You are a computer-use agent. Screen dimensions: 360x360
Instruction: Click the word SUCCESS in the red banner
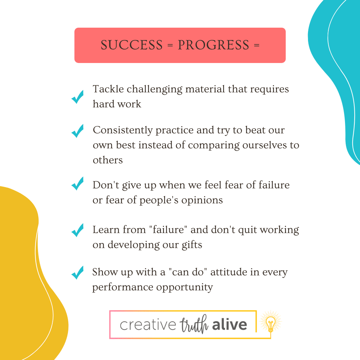pos(132,45)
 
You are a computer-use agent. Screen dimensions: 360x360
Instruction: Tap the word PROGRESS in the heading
pos(214,45)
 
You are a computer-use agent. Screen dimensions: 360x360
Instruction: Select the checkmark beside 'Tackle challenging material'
pos(77,97)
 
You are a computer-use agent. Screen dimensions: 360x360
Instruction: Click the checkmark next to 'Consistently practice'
pos(77,131)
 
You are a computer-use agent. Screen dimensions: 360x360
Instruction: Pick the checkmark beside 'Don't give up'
pos(77,183)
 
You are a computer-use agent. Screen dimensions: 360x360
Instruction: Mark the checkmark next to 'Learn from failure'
pos(77,230)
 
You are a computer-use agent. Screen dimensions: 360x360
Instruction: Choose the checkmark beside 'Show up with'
pos(77,273)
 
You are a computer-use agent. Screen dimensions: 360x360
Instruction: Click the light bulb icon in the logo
pos(271,323)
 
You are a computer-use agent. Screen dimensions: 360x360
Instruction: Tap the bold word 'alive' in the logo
pos(229,324)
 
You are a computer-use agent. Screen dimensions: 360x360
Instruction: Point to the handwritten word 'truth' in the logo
pos(194,324)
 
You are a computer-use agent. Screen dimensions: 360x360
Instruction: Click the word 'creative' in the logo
pos(148,325)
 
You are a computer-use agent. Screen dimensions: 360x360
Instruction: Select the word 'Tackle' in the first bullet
pos(108,89)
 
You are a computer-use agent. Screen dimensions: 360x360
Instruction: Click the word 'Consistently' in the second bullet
pos(123,130)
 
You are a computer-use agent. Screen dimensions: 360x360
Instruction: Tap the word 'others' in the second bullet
pos(108,160)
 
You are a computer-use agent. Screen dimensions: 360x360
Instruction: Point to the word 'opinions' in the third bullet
pos(202,200)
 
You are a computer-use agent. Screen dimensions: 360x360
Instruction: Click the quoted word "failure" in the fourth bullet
pos(168,229)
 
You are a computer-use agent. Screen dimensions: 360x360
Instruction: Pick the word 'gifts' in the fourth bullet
pos(192,245)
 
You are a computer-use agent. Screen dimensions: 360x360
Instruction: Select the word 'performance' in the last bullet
pos(123,287)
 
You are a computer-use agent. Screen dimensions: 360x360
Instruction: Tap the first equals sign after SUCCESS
pos(170,45)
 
